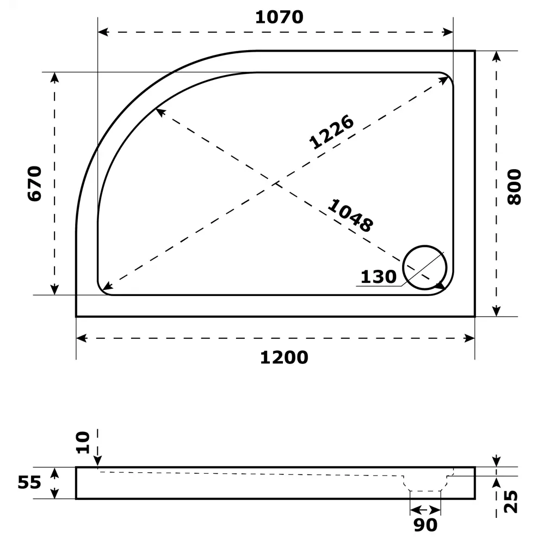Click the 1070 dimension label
[279, 17]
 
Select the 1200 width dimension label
[283, 357]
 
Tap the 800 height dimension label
[514, 187]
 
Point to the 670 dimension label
[34, 183]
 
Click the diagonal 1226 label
[331, 132]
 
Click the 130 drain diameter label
[379, 277]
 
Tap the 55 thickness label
[29, 482]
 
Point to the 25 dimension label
[511, 502]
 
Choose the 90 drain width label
[425, 525]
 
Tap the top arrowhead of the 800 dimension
[496, 57]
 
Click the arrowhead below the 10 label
[98, 462]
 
